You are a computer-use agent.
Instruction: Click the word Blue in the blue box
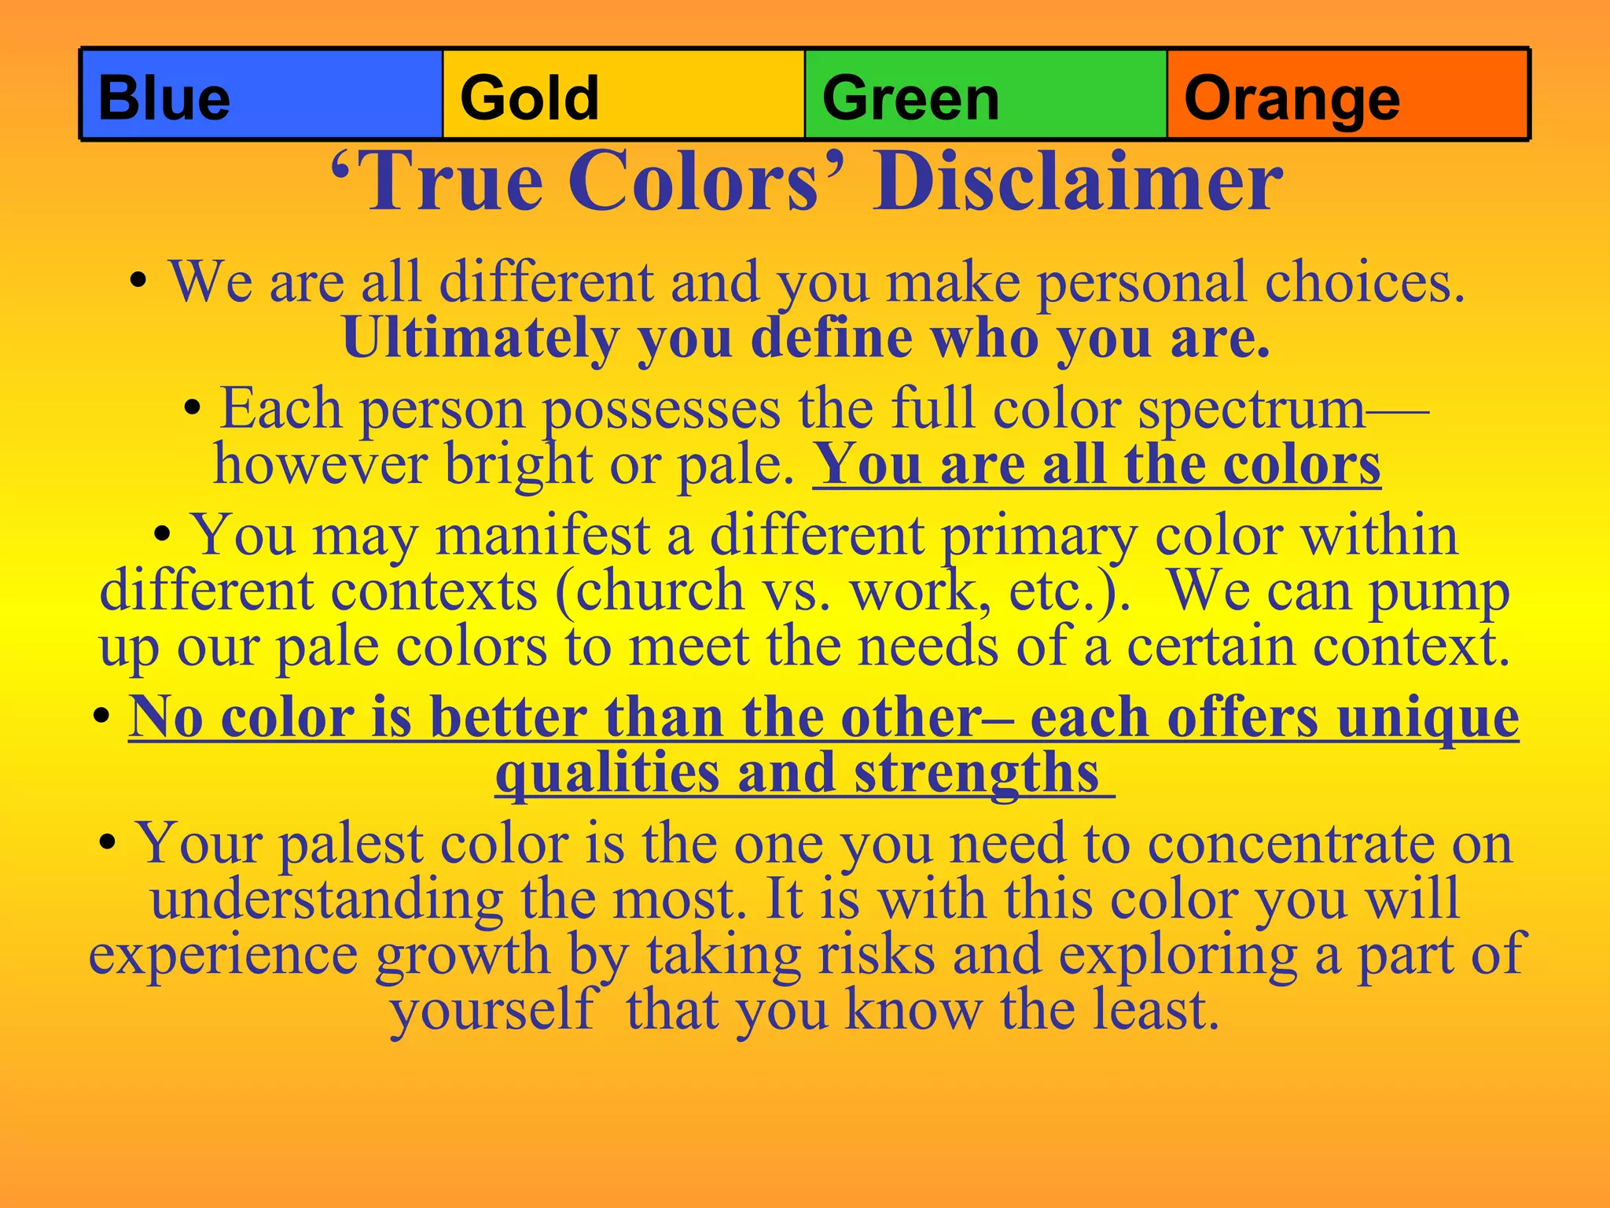pyautogui.click(x=164, y=98)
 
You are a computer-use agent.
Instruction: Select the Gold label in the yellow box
pyautogui.click(x=529, y=98)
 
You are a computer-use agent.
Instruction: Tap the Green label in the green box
pyautogui.click(x=910, y=98)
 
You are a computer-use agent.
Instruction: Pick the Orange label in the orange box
pyautogui.click(x=1292, y=100)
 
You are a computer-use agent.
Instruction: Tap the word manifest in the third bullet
pyautogui.click(x=542, y=536)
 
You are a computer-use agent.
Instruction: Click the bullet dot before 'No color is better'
pyautogui.click(x=101, y=717)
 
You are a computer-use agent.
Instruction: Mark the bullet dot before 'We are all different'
pyautogui.click(x=139, y=282)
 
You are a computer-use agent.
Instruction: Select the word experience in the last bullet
pyautogui.click(x=223, y=954)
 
